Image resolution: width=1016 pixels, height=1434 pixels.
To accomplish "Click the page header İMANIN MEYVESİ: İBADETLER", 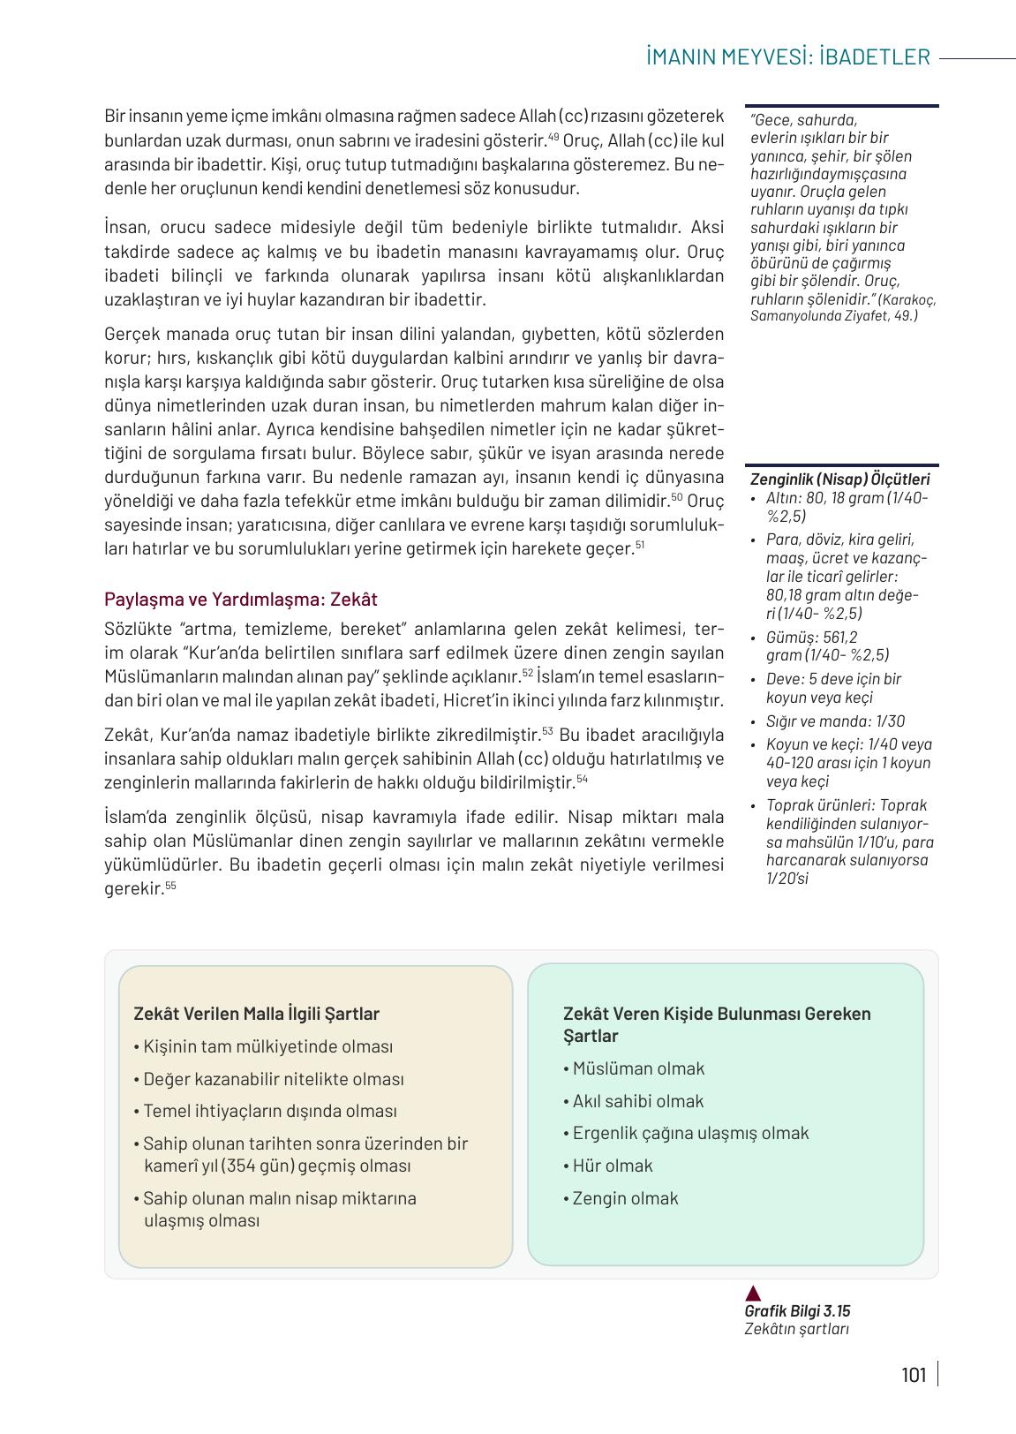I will (787, 57).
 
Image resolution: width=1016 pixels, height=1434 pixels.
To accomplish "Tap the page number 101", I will (914, 1375).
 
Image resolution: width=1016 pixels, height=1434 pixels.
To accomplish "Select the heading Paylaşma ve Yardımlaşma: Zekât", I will (240, 600).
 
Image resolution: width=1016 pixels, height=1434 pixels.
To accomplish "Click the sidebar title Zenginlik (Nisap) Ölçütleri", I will (839, 479).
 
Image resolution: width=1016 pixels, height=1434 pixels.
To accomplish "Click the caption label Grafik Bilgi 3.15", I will (797, 1311).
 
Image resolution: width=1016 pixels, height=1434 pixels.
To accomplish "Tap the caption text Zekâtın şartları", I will (795, 1330).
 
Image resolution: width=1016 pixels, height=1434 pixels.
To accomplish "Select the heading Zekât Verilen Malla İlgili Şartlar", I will (256, 1014).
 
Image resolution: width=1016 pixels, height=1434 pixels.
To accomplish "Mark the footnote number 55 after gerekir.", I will (170, 886).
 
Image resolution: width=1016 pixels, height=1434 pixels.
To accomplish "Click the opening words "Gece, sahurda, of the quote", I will (803, 120).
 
